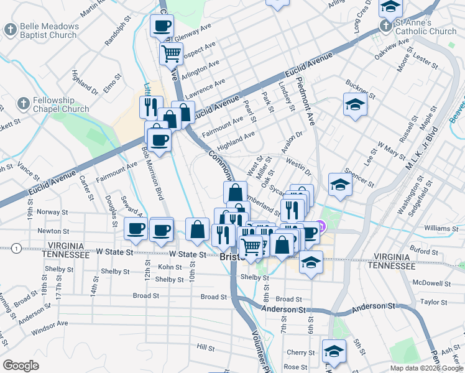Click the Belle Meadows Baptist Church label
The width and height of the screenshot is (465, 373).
coord(49,30)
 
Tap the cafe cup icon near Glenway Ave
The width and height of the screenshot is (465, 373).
coord(162,26)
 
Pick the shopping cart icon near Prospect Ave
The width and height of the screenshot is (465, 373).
coord(171,53)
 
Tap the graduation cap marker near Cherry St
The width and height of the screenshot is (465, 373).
coord(334,351)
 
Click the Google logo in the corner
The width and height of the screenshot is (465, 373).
coord(21,365)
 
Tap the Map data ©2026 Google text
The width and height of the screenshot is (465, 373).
coord(426,368)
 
